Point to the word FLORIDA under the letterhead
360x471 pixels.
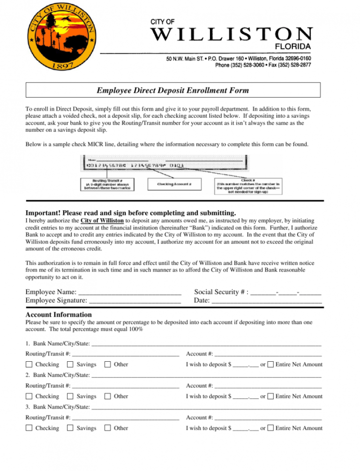tap(292, 47)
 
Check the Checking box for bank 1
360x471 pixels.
tap(29, 365)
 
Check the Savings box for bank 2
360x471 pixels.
tap(70, 396)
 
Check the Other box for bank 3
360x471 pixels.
tap(107, 428)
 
